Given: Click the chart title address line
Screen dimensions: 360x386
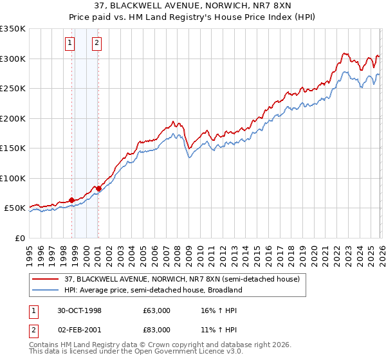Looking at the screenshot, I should pos(193,6).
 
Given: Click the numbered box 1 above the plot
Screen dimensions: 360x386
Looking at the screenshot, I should pos(69,43).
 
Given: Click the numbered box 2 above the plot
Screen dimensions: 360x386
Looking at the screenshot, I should pos(96,43).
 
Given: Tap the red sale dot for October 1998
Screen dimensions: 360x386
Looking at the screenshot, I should pos(71,200).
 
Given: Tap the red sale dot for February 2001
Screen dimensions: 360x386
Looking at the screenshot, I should pos(98,188).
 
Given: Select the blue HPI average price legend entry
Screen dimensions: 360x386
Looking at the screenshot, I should pos(152,290).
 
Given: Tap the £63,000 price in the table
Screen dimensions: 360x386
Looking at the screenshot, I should pos(157,310).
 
